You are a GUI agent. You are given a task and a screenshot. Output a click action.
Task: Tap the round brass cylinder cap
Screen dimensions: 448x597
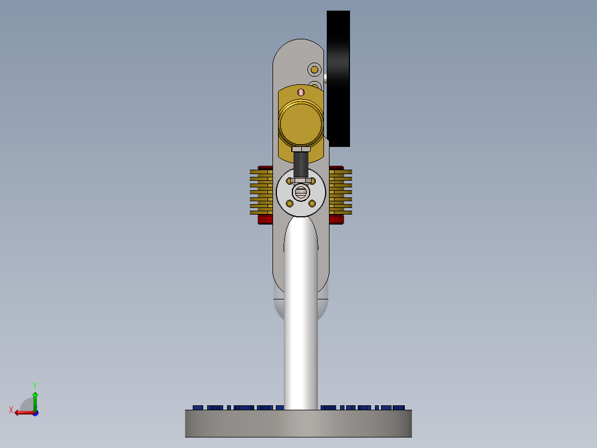click(x=301, y=123)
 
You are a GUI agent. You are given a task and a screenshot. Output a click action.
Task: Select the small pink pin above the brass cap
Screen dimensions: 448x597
click(x=301, y=92)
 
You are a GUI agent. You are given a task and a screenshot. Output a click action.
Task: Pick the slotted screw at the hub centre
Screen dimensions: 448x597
click(x=301, y=192)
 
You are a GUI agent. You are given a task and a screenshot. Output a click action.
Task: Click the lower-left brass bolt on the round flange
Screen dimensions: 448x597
click(x=289, y=204)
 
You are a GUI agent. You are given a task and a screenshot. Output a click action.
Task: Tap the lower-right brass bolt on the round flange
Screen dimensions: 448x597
click(x=312, y=204)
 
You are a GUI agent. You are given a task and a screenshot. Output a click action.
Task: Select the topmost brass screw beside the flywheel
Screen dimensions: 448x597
click(x=315, y=69)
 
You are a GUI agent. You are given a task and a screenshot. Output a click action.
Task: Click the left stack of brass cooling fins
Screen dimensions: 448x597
click(x=261, y=191)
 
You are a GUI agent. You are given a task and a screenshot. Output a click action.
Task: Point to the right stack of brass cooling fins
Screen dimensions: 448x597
click(x=341, y=191)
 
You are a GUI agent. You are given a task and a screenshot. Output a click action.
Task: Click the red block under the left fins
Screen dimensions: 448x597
click(x=265, y=219)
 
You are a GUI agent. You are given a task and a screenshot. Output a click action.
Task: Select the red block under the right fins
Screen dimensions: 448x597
click(x=336, y=219)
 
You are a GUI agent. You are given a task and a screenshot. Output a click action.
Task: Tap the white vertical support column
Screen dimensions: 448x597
click(x=301, y=333)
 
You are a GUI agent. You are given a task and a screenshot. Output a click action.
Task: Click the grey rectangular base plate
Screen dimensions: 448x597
click(x=298, y=424)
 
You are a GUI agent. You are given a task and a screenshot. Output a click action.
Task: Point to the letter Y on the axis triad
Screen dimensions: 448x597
click(x=34, y=385)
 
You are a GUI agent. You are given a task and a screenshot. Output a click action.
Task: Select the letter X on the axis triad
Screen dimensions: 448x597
click(x=11, y=410)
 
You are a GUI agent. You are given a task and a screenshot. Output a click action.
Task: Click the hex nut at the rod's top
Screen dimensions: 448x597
click(x=301, y=149)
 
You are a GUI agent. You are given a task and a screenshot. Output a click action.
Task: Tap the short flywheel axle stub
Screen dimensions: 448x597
click(x=325, y=79)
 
